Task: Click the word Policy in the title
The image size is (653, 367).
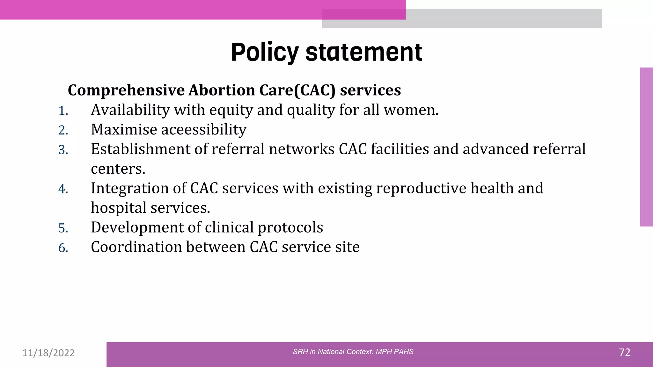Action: (265, 53)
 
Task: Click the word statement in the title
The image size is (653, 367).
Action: (364, 53)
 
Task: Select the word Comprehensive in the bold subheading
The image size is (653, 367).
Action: (126, 90)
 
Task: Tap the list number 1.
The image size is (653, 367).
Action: (63, 111)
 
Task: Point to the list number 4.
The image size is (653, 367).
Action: (63, 189)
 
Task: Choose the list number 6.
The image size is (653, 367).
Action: (63, 248)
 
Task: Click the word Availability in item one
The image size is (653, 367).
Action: (130, 110)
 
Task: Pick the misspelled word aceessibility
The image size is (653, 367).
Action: (204, 130)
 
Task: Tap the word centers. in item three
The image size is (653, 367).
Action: (118, 169)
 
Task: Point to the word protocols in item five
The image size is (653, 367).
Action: (290, 227)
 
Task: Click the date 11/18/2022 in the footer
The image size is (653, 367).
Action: (48, 353)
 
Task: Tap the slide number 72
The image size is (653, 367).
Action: (624, 352)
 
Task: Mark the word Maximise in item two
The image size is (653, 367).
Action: (124, 130)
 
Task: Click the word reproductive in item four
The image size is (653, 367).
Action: (421, 188)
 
